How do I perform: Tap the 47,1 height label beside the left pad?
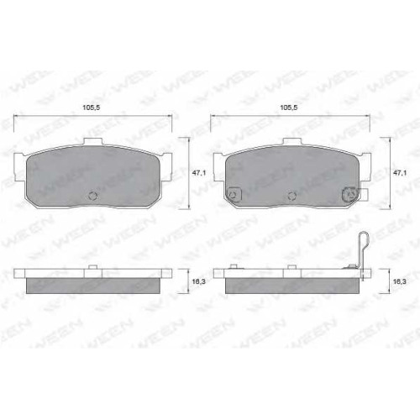point(199,173)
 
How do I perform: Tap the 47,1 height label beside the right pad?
point(399,173)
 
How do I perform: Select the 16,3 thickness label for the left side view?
point(199,281)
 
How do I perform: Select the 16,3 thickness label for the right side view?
point(399,281)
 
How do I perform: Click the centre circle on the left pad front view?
point(93,196)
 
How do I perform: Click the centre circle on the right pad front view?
point(292,196)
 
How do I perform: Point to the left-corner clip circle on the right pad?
point(233,194)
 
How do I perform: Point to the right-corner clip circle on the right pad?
point(349,194)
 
